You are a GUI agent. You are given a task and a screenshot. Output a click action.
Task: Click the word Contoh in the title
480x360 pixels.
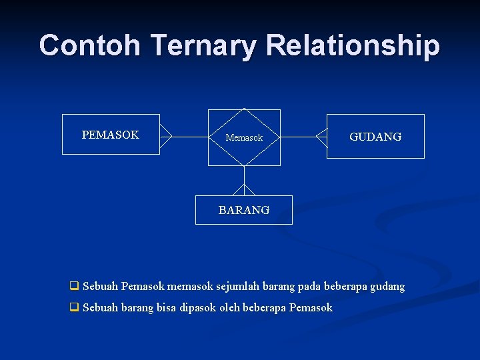(x=89, y=45)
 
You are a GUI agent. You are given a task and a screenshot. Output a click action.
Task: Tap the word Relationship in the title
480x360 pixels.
(x=353, y=45)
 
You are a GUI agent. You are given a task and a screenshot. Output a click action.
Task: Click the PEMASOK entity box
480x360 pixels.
(x=111, y=135)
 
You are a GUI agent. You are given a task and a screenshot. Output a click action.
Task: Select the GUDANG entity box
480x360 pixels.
(x=375, y=137)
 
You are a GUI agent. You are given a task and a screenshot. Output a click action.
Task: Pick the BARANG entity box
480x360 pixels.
(x=244, y=210)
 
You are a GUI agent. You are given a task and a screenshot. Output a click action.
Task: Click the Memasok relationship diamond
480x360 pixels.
(x=244, y=137)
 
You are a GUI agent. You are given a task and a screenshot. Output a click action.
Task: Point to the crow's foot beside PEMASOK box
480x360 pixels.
(x=166, y=137)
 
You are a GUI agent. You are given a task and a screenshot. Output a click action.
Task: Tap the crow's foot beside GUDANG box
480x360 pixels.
(x=321, y=137)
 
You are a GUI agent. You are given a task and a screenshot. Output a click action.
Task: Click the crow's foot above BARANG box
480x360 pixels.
(x=244, y=189)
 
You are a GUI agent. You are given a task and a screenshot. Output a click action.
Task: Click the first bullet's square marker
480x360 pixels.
(x=74, y=287)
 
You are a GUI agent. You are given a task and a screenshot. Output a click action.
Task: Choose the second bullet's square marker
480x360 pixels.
(x=74, y=308)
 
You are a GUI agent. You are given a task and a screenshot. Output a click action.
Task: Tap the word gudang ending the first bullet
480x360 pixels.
(x=387, y=287)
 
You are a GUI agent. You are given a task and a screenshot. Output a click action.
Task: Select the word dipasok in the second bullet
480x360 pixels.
(x=198, y=308)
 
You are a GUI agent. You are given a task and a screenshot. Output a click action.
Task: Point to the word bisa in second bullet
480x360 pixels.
(x=167, y=308)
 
